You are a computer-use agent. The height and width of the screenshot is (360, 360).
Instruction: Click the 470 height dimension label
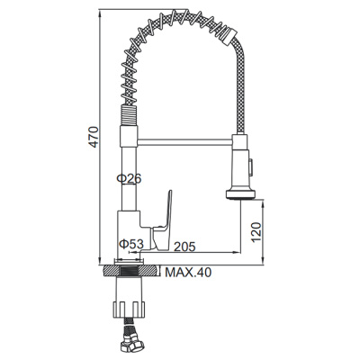tap(94, 137)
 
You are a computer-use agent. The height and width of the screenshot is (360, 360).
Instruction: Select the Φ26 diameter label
tap(129, 179)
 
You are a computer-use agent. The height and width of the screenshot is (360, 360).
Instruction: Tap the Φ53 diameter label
tap(131, 244)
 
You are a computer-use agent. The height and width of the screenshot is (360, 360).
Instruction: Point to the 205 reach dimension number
tap(184, 247)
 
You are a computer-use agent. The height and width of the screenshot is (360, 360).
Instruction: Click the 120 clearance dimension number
tap(256, 232)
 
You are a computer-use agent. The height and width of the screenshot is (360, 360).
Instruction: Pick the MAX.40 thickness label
tap(188, 273)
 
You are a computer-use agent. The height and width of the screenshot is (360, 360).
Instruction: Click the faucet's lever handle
tap(163, 220)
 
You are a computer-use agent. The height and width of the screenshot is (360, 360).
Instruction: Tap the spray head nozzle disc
tap(240, 193)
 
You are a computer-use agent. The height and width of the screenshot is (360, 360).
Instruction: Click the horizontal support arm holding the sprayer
tap(185, 142)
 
